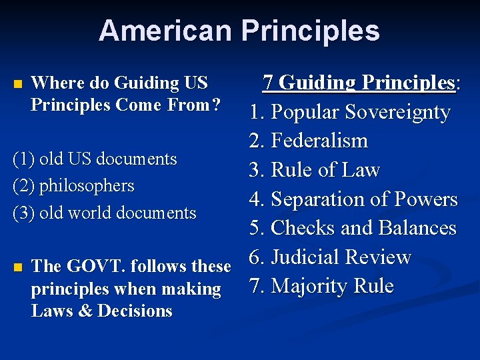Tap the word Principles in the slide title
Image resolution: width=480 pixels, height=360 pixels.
pyautogui.click(x=311, y=31)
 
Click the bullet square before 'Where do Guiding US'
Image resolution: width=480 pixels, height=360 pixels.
pyautogui.click(x=18, y=85)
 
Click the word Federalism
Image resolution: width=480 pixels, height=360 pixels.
pyautogui.click(x=320, y=141)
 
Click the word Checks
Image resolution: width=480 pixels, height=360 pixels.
pyautogui.click(x=304, y=228)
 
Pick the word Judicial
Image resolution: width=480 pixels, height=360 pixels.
pyautogui.click(x=311, y=257)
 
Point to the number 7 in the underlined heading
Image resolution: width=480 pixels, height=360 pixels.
pyautogui.click(x=268, y=83)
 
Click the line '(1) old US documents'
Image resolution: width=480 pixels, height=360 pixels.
pyautogui.click(x=95, y=159)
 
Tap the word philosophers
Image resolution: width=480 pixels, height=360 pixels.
pyautogui.click(x=87, y=186)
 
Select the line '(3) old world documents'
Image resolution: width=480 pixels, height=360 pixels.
pyautogui.click(x=105, y=213)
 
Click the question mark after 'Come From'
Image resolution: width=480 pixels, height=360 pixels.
pyautogui.click(x=216, y=105)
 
